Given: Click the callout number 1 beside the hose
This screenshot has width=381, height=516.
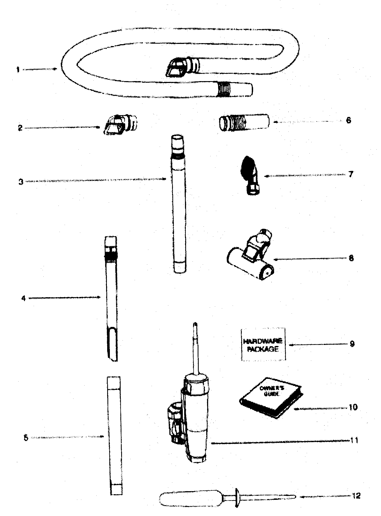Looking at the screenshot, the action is click(18, 70).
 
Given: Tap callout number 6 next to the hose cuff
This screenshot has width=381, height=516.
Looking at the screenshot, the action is click(349, 120).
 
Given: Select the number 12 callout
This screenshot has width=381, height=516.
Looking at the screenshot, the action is click(356, 496).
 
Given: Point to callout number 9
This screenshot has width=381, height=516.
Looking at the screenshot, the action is click(352, 344).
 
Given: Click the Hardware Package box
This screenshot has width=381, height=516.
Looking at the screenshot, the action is click(263, 344).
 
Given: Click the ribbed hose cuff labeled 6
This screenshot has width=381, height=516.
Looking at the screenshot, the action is click(243, 123).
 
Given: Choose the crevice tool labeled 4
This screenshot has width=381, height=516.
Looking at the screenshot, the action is click(111, 298).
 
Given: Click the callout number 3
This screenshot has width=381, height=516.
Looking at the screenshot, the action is click(21, 182).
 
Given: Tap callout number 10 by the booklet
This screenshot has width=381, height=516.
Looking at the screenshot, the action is click(353, 407).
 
